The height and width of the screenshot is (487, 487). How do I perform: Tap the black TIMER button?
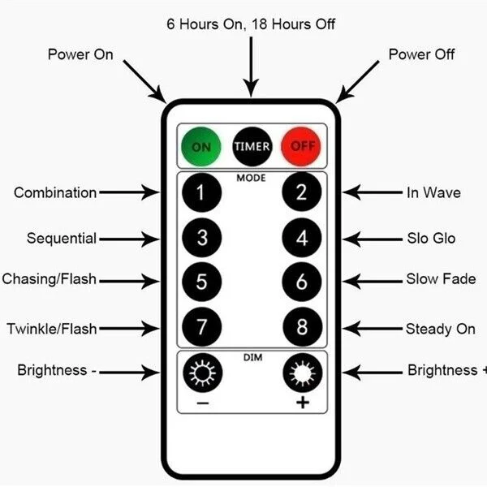[x=252, y=147]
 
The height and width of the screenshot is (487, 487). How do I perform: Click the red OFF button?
[x=301, y=147]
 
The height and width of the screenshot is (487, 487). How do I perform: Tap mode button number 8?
[x=302, y=328]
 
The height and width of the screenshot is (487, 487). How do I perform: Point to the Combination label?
[x=55, y=192]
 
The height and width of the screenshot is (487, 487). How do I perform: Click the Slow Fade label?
[x=441, y=279]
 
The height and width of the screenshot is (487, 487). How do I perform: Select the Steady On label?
[x=440, y=329]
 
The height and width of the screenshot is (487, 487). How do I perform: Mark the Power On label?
[x=80, y=54]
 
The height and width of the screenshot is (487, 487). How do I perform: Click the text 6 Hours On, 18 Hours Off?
[x=251, y=24]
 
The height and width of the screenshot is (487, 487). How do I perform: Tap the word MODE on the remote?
[x=251, y=176]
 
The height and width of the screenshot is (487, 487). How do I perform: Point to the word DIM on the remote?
[x=251, y=356]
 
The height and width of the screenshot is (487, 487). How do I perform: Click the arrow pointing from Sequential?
[x=129, y=239]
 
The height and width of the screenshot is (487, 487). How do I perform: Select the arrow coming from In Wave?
[x=372, y=192]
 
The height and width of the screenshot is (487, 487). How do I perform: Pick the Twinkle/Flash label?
[x=52, y=329]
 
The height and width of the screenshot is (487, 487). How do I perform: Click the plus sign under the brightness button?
[x=302, y=403]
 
